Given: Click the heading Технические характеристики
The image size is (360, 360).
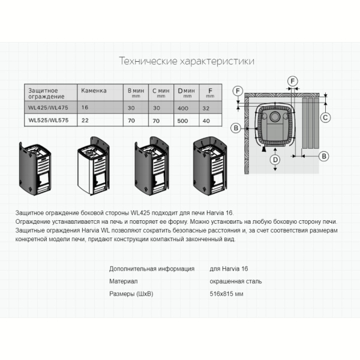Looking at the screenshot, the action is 187,61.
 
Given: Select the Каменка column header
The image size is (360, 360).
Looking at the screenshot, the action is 94,91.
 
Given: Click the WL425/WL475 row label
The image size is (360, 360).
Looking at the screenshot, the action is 48,107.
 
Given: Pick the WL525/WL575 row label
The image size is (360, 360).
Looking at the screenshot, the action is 49,121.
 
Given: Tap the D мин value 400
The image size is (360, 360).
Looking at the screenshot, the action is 183,108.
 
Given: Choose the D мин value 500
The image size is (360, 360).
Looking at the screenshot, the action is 182,121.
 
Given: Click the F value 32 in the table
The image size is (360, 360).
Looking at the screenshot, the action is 206,108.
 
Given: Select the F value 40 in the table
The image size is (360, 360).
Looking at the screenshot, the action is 206,121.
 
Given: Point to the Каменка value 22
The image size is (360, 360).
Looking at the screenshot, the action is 85,121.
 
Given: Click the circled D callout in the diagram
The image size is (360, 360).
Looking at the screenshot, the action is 275,160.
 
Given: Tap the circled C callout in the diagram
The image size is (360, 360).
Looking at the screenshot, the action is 325,118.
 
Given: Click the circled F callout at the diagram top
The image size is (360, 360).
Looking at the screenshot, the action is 293,81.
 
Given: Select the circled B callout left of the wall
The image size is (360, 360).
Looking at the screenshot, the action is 236,128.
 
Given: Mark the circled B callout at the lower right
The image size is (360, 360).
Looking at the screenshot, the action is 324,157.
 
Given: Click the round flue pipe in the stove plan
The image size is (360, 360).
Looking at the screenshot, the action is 275,116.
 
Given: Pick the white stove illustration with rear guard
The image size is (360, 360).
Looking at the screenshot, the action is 93,166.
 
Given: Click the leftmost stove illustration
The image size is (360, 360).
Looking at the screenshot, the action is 35,169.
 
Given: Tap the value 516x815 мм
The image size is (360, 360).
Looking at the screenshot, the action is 226,294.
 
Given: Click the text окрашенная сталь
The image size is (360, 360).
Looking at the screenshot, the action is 236,281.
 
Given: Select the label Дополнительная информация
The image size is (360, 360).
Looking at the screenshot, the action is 152,269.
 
